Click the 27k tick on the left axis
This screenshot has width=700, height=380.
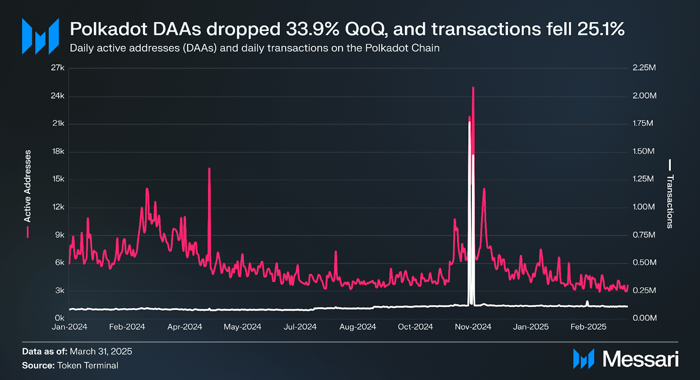click(58, 68)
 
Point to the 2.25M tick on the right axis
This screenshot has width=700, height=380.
click(644, 68)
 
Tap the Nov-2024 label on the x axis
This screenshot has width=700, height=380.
click(473, 327)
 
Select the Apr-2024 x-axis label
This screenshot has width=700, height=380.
click(185, 327)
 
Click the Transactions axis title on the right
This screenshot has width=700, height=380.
click(670, 201)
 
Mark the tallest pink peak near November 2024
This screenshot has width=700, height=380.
click(473, 88)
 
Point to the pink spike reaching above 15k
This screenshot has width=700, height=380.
click(209, 169)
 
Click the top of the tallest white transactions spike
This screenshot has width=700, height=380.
click(470, 123)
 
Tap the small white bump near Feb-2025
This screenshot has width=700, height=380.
click(587, 302)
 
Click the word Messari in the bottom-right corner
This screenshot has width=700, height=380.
click(640, 359)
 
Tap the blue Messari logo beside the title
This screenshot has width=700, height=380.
click(40, 36)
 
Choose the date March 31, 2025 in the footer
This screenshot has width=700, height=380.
click(101, 352)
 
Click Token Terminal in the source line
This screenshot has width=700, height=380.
click(88, 365)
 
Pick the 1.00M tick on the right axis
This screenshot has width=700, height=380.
click(643, 207)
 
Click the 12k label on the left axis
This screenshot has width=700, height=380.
click(58, 207)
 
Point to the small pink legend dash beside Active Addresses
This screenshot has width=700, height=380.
click(28, 232)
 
